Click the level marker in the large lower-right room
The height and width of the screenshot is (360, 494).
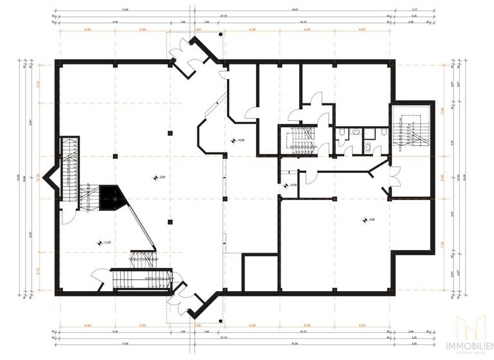tap(367, 220)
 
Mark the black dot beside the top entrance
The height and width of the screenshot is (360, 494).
tap(220, 35)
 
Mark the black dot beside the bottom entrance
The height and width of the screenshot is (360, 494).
tap(220, 321)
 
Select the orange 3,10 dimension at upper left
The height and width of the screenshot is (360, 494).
tap(39, 84)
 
